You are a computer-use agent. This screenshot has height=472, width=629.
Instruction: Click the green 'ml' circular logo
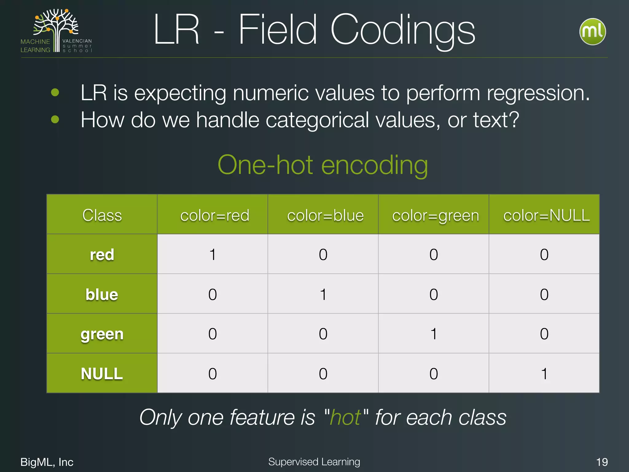pos(592,32)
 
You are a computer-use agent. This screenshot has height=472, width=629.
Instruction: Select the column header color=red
pos(214,215)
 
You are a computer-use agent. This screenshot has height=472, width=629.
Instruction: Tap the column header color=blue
pos(325,215)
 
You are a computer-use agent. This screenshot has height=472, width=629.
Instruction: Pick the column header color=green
pos(435,215)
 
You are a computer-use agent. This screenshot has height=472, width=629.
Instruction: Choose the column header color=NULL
pos(546,215)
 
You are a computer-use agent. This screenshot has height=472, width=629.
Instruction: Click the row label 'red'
pos(102,254)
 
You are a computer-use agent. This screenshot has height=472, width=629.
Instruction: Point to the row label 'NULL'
pos(102,374)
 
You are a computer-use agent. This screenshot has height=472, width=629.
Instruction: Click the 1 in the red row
pos(213,254)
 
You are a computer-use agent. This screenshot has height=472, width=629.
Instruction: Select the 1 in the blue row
pos(323,294)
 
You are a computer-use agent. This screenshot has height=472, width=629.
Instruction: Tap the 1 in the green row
pos(434,334)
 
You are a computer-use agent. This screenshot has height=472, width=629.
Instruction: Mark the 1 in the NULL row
pos(544,374)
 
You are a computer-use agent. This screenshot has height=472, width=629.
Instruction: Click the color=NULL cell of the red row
pos(544,254)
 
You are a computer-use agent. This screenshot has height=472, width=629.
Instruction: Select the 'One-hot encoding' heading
pos(322,165)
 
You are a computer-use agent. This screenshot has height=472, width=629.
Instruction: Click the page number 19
pos(602,462)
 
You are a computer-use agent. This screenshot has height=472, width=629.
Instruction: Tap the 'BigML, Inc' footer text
pos(47,462)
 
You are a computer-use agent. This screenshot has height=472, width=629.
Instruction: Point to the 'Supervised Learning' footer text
pos(314,462)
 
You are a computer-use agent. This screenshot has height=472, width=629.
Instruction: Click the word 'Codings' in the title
pos(402,30)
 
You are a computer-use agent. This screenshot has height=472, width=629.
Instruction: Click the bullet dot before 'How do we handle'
pos(55,119)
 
